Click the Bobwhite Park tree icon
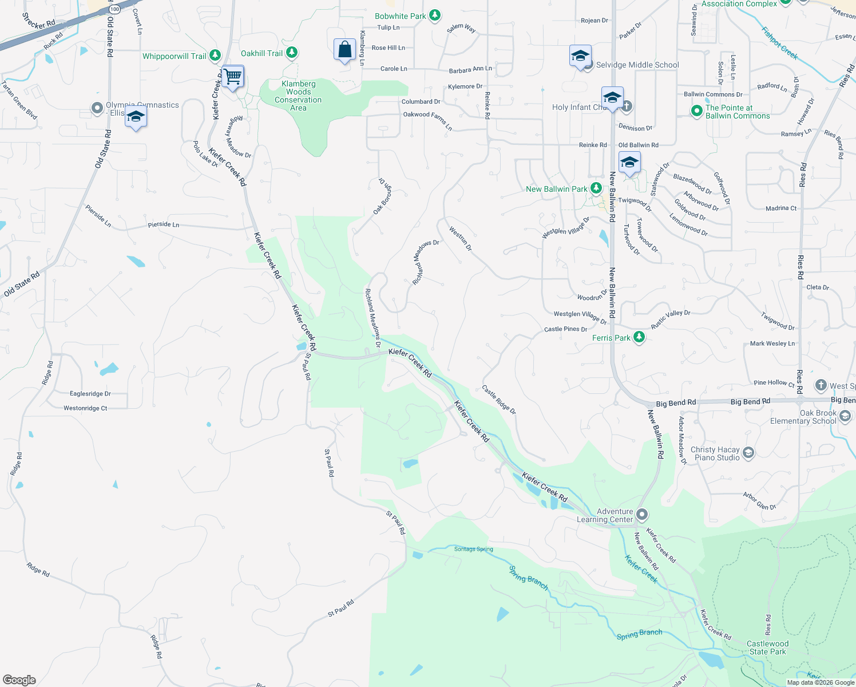pyautogui.click(x=435, y=15)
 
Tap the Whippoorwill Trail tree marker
pyautogui.click(x=215, y=56)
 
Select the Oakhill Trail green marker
pyautogui.click(x=292, y=53)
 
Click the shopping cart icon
pyautogui.click(x=233, y=76)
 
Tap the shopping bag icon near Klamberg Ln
pyautogui.click(x=344, y=50)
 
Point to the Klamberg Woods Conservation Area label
pyautogui.click(x=298, y=96)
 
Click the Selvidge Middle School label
pyautogui.click(x=637, y=65)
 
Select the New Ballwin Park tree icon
pyautogui.click(x=596, y=188)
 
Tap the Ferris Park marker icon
pyautogui.click(x=639, y=337)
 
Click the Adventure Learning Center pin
pyautogui.click(x=642, y=515)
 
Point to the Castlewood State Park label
pyautogui.click(x=767, y=647)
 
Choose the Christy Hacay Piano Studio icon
pyautogui.click(x=748, y=453)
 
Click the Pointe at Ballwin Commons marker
pyautogui.click(x=696, y=111)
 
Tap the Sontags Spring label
pyautogui.click(x=473, y=549)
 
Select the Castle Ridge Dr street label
pyautogui.click(x=498, y=400)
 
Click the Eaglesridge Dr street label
pyautogui.click(x=90, y=393)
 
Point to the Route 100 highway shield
pyautogui.click(x=115, y=9)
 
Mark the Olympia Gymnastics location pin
pyautogui.click(x=97, y=108)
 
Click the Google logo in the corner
pyautogui.click(x=19, y=680)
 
